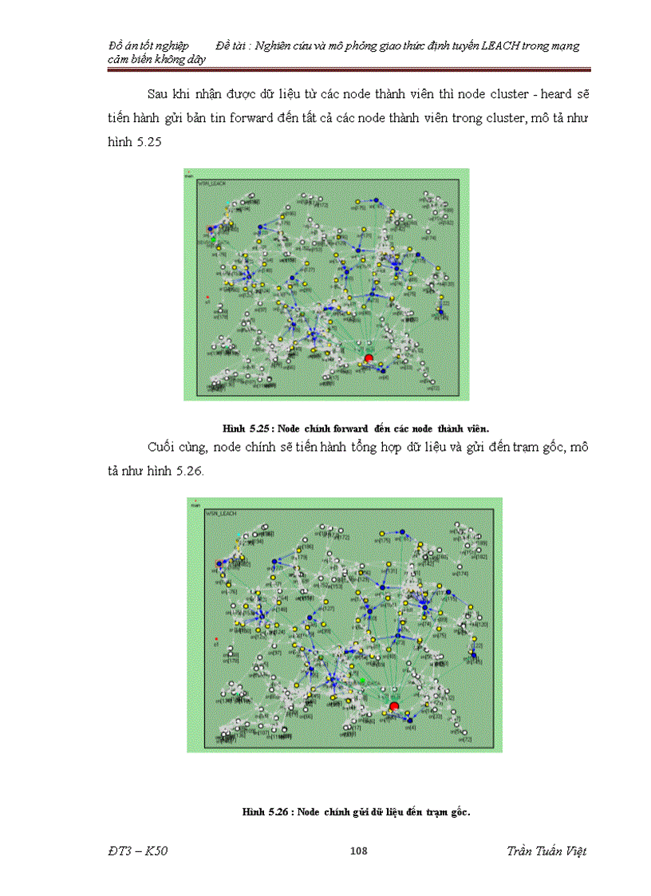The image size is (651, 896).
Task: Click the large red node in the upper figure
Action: [x=368, y=359]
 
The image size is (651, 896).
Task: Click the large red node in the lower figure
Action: [x=393, y=706]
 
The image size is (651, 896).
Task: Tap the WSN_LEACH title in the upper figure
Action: [x=211, y=184]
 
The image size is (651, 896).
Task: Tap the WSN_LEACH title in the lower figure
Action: [x=218, y=515]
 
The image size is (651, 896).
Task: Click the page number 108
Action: [x=358, y=851]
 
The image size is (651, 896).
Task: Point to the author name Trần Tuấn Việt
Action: [x=546, y=851]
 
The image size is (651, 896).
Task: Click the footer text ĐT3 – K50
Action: [x=138, y=851]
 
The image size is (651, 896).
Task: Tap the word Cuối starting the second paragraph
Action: [x=164, y=447]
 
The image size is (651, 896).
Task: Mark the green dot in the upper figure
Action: [x=213, y=238]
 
